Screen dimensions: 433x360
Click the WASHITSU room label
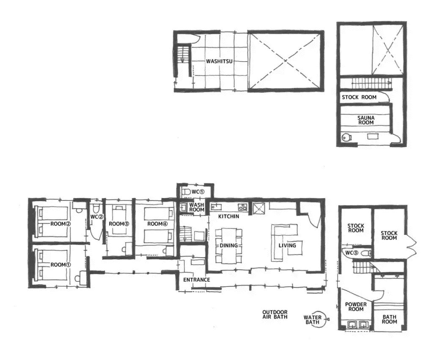[219, 61]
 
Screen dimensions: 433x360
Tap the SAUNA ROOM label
[366, 120]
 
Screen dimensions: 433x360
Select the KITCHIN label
[229, 216]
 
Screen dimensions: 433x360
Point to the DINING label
[229, 245]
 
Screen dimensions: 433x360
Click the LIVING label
[287, 245]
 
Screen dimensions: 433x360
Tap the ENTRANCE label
[197, 280]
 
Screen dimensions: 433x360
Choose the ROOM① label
[60, 265]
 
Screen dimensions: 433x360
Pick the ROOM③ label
[119, 224]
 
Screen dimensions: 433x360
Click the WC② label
[97, 217]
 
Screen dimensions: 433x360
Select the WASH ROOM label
[197, 207]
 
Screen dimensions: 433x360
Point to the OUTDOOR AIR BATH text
[275, 314]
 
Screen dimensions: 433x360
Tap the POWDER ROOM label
[356, 307]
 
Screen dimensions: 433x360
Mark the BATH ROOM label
[389, 319]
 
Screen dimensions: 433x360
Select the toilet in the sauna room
[346, 137]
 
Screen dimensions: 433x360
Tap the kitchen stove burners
[242, 207]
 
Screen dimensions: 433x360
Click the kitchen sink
[216, 206]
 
